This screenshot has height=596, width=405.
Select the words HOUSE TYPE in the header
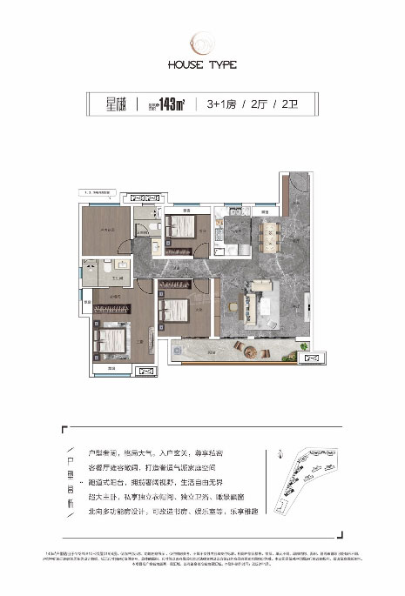point(202,64)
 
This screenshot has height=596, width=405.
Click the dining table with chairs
point(267,232)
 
